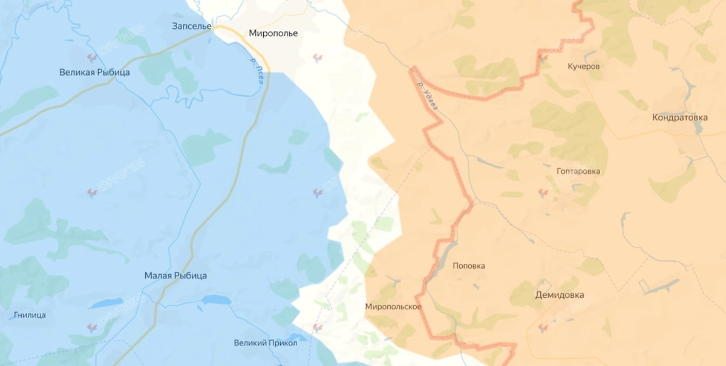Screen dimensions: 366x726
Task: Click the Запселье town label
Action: tap(192, 26)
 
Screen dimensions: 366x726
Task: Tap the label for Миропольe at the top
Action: tap(273, 33)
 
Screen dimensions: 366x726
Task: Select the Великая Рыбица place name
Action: tap(94, 72)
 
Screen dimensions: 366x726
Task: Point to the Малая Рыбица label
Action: tap(175, 275)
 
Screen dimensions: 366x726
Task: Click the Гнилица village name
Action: tap(30, 315)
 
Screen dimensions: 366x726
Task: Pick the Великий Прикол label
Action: tap(266, 343)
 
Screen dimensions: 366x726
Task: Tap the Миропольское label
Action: tap(393, 307)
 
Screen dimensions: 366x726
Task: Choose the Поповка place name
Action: tap(469, 266)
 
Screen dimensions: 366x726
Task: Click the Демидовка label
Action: tap(560, 295)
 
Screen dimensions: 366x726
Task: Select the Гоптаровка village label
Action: tap(578, 172)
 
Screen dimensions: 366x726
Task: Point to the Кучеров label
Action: tap(584, 66)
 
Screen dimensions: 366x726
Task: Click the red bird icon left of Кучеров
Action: tap(543, 59)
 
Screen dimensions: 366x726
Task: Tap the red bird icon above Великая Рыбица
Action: tap(92, 58)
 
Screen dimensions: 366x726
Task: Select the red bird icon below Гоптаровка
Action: tap(543, 193)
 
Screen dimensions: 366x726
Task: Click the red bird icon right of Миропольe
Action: tap(317, 57)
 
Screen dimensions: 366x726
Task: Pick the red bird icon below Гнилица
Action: tap(92, 328)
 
